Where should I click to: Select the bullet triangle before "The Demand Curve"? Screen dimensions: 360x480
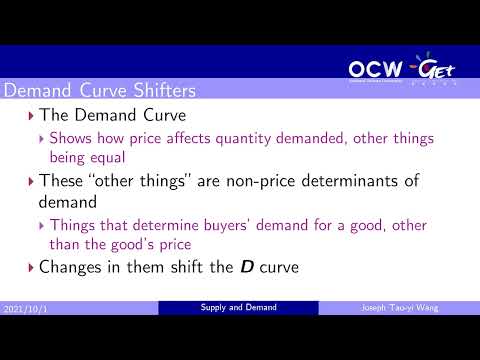pyautogui.click(x=30, y=117)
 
